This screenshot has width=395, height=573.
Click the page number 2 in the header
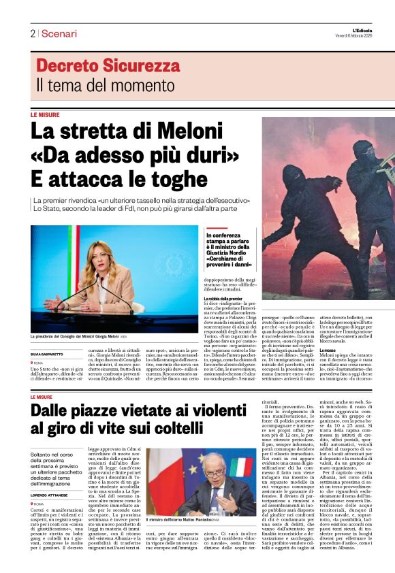[32, 33]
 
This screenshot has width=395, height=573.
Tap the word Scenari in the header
[59, 33]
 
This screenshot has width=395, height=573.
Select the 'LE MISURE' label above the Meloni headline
[44, 115]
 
